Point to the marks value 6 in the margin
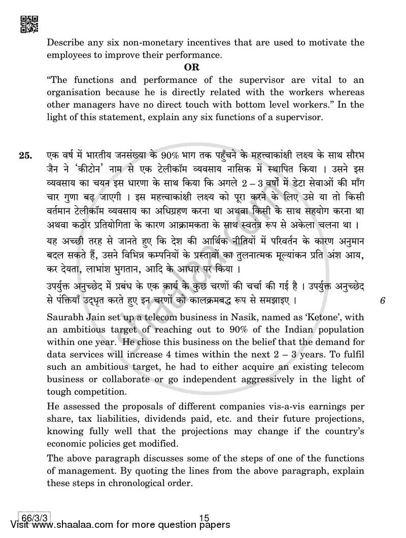(382, 287)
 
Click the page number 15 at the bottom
(205, 518)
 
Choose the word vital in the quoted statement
(319, 80)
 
